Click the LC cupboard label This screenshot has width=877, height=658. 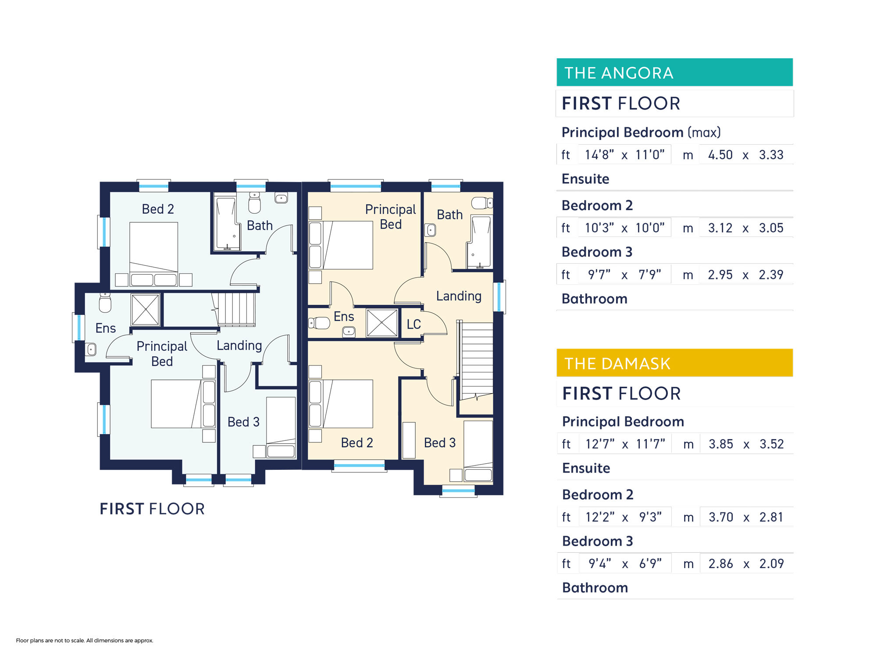pyautogui.click(x=414, y=324)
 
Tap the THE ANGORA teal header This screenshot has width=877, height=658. pyautogui.click(x=674, y=72)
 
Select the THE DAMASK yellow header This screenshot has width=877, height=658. pyautogui.click(x=674, y=363)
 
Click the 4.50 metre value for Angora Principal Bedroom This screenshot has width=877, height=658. pyautogui.click(x=720, y=155)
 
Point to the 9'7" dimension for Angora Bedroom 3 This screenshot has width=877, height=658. pyautogui.click(x=599, y=275)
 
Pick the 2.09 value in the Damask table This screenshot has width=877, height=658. pyautogui.click(x=771, y=564)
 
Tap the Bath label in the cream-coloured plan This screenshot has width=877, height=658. pyautogui.click(x=449, y=215)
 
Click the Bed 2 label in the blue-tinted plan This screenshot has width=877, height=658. pyautogui.click(x=158, y=209)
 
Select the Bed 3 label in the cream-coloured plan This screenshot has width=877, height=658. pyautogui.click(x=440, y=443)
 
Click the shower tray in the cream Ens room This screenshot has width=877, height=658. pyautogui.click(x=382, y=323)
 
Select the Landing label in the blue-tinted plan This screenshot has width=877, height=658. pyautogui.click(x=239, y=346)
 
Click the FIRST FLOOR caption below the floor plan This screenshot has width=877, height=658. pyautogui.click(x=152, y=509)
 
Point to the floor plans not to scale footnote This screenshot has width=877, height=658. pyautogui.click(x=85, y=640)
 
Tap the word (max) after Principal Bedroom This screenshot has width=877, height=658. pyautogui.click(x=704, y=132)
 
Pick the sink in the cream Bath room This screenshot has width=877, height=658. pyautogui.click(x=430, y=230)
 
